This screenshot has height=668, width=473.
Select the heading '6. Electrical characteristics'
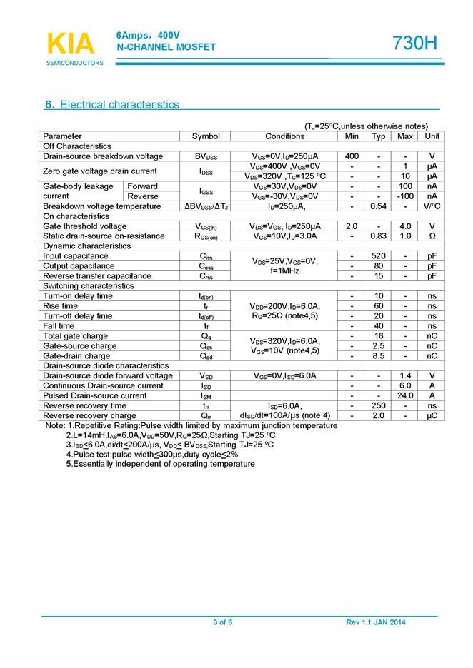coord(112,105)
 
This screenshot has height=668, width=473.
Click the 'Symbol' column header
coord(206,136)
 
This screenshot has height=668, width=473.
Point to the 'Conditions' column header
coord(284,136)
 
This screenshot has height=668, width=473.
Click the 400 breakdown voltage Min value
coord(352,156)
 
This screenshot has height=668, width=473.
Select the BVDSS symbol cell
coord(206,156)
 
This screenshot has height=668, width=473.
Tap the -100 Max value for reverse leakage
coord(405,196)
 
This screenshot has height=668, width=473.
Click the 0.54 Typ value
coord(379,206)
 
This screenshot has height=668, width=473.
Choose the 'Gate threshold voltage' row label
coord(85,226)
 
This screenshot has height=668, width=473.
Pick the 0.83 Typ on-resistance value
coord(379,236)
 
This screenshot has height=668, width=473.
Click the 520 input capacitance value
coord(379,256)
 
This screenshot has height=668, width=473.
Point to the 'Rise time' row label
coord(61,306)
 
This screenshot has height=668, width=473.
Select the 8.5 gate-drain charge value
coord(379,356)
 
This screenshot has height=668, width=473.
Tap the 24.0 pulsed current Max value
coord(405,395)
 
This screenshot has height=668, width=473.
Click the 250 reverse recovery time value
coord(379,405)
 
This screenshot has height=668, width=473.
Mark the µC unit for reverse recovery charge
coord(432,415)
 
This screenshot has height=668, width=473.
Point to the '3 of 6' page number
coord(223,623)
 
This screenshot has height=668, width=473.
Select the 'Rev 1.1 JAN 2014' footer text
coord(376,623)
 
